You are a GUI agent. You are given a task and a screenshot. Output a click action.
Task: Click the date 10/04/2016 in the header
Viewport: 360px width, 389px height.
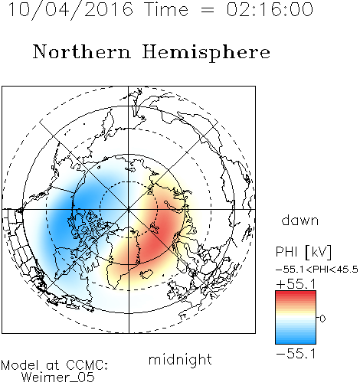(70, 10)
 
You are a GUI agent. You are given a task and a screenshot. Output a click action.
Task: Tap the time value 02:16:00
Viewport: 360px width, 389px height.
(270, 10)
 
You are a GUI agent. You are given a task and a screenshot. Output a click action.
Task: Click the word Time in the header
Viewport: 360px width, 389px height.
(166, 10)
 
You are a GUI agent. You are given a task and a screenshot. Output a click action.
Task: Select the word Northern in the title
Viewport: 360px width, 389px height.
(82, 51)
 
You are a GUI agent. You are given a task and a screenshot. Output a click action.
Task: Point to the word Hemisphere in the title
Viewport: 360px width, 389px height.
(206, 52)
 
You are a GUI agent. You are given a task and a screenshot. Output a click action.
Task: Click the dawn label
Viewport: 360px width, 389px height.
(300, 221)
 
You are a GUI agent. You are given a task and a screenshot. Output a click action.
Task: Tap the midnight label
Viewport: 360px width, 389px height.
(180, 359)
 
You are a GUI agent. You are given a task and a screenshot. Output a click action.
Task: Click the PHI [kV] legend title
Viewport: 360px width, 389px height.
(303, 252)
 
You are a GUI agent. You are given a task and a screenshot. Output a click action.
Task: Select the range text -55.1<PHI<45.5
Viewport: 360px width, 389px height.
(317, 270)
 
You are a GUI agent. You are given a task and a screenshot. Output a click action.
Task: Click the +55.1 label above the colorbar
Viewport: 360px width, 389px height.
(296, 284)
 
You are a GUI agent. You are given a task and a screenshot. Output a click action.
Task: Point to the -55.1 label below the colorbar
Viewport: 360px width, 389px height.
(296, 354)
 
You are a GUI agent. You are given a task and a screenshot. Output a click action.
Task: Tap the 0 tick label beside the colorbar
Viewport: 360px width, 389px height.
(322, 319)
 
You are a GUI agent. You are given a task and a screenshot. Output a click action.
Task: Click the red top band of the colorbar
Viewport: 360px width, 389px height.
(296, 293)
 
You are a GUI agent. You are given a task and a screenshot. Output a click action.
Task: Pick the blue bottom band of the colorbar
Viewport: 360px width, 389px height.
(296, 341)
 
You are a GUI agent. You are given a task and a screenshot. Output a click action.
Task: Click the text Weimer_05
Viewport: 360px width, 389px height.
(58, 378)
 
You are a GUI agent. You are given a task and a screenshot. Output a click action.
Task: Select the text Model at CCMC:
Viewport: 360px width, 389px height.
(54, 365)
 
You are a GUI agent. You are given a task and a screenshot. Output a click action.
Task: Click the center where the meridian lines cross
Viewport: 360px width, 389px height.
(129, 209)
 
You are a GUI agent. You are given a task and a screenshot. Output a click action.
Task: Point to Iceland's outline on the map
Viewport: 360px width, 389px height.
(146, 274)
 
